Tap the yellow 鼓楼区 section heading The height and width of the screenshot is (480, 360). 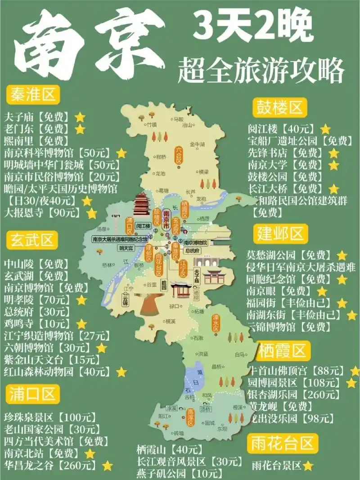pyautogui.click(x=279, y=108)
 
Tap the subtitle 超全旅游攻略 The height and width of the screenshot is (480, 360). pyautogui.click(x=261, y=70)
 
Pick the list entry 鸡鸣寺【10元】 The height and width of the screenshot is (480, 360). pyautogui.click(x=38, y=323)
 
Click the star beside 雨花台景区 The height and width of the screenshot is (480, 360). pyautogui.click(x=308, y=466)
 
